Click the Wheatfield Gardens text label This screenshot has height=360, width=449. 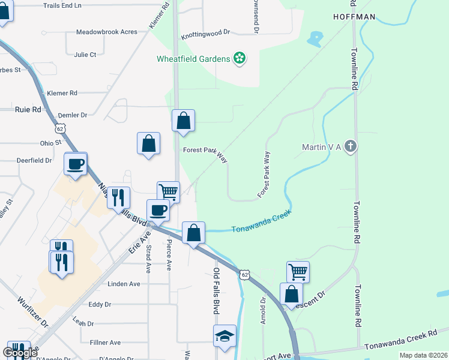coord(193,59)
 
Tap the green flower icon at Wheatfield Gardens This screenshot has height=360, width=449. coord(240,58)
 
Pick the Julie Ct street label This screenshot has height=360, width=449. coord(85,55)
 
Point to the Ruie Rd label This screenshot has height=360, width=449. coord(28,110)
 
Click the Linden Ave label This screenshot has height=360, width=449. coord(124,283)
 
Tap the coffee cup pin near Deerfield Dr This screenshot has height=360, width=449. coord(76,164)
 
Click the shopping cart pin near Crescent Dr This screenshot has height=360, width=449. coord(298,272)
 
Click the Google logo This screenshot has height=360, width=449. coord(20,353)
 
